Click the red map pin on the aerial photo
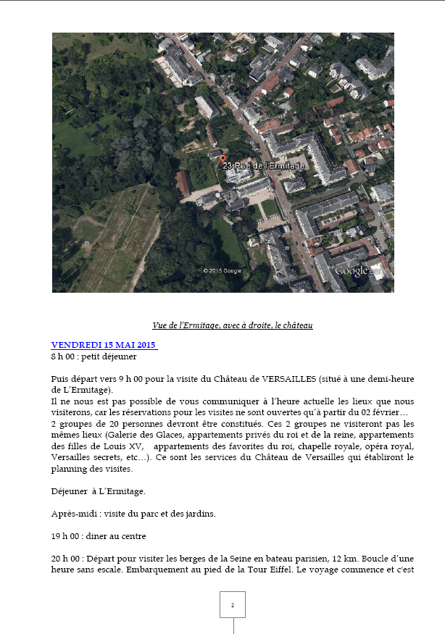(x=222, y=159)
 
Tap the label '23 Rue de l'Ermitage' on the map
(x=264, y=166)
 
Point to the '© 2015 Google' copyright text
(x=222, y=271)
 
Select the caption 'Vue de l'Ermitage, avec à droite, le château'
(x=233, y=325)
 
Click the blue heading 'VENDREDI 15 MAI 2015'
(x=104, y=345)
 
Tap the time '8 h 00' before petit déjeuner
(x=64, y=356)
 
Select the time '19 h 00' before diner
(x=65, y=537)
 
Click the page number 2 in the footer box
(x=233, y=605)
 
